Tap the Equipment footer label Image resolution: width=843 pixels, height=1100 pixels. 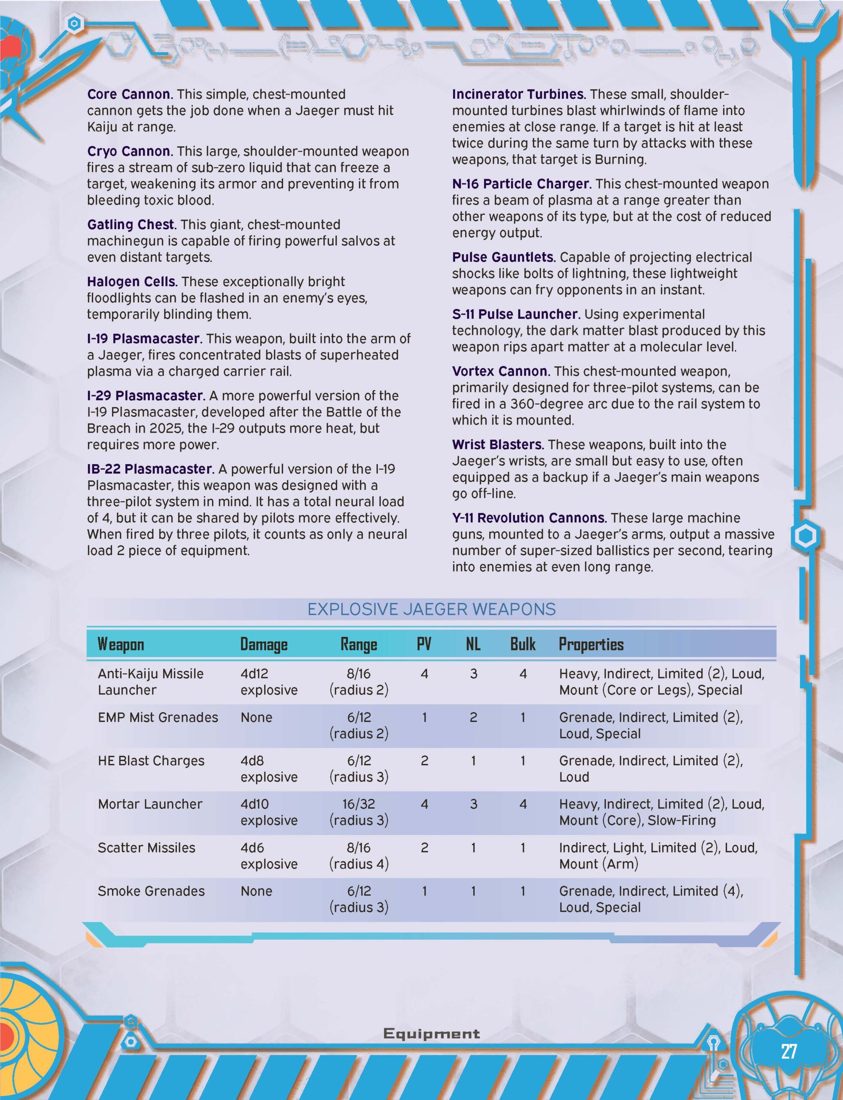click(x=431, y=1033)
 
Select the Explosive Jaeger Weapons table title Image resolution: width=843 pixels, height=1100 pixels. click(x=431, y=609)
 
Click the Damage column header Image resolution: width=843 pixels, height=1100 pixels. click(x=263, y=644)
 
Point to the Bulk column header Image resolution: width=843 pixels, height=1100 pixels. click(x=522, y=644)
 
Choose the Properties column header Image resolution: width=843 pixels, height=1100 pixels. click(x=590, y=644)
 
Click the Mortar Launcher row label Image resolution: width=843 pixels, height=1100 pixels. click(x=150, y=804)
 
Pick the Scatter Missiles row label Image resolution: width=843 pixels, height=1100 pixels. click(x=146, y=847)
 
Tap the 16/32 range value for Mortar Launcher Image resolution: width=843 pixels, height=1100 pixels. click(x=358, y=804)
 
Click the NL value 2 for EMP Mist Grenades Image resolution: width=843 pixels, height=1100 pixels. click(x=473, y=717)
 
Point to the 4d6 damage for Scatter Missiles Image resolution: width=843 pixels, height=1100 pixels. click(x=252, y=847)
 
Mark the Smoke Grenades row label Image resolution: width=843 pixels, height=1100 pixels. click(x=151, y=891)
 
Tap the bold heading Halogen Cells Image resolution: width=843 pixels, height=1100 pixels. click(x=132, y=281)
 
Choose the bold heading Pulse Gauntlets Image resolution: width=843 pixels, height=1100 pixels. click(x=503, y=257)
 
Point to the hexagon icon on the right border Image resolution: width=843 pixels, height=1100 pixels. click(x=805, y=536)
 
